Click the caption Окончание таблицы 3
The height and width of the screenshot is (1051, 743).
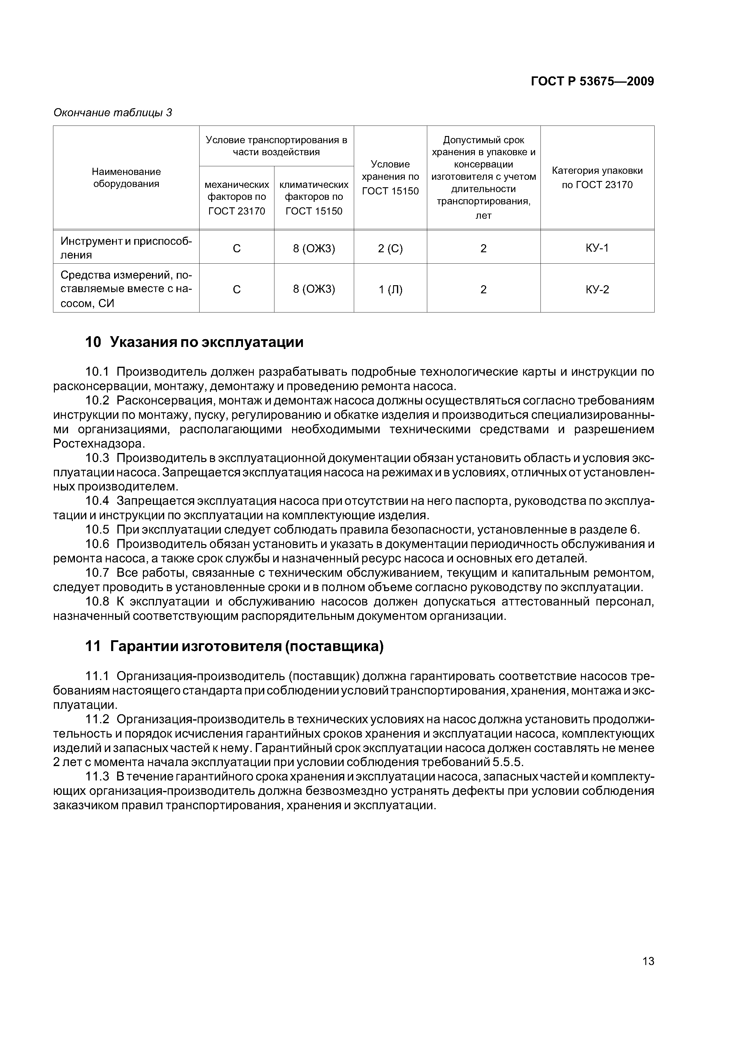113,113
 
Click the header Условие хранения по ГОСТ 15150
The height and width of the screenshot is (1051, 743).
390,178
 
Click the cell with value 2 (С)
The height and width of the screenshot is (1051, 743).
390,248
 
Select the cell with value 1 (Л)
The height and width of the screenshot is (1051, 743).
390,289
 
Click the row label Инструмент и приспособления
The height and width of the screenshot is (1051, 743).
126,248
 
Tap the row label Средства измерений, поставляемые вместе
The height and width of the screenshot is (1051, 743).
126,289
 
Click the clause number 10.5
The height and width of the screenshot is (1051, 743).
97,530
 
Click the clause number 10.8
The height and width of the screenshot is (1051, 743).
97,602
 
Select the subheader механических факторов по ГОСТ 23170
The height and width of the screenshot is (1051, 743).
237,197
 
